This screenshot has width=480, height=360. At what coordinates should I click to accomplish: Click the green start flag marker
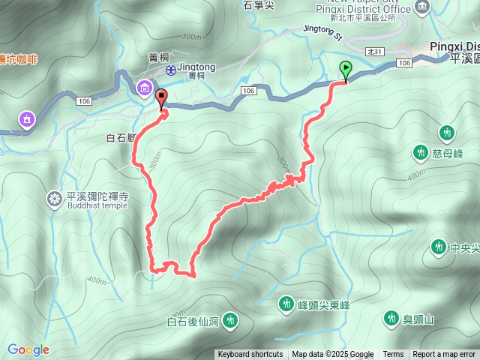tap(345, 70)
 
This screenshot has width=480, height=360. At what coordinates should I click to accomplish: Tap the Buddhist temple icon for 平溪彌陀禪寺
tap(55, 199)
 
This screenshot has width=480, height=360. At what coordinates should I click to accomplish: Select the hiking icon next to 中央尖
tap(438, 247)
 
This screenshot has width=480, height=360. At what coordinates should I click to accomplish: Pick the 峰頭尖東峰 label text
tap(324, 304)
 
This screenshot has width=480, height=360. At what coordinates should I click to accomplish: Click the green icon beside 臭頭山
tap(391, 319)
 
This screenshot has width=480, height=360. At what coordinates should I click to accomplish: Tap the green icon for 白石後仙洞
tap(231, 322)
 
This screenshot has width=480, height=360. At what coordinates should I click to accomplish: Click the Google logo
tap(28, 349)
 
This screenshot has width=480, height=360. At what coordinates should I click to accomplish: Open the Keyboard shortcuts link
tap(250, 355)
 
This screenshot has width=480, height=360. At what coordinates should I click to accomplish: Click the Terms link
tap(393, 355)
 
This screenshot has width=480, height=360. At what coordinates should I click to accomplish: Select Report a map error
tap(444, 355)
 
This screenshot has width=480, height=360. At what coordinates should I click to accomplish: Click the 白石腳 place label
tap(120, 138)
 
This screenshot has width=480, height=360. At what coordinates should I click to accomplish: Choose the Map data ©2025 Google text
tap(333, 355)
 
